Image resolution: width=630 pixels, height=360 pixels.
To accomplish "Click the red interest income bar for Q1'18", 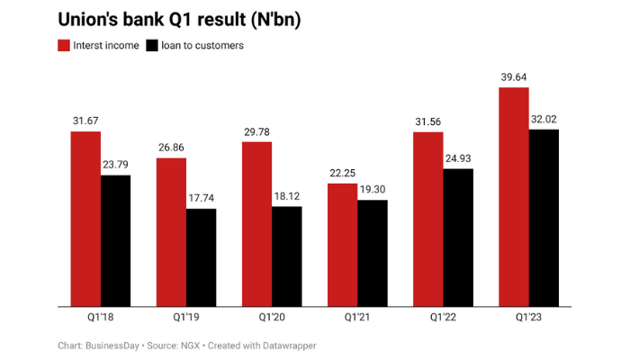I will [x=85, y=219].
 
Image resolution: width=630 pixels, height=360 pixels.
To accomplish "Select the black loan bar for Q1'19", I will [x=201, y=257].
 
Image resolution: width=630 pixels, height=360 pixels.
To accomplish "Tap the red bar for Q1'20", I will [x=256, y=224].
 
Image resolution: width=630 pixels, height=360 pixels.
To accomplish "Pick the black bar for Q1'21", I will [x=372, y=253].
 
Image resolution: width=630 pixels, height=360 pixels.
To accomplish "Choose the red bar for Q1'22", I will [x=427, y=219].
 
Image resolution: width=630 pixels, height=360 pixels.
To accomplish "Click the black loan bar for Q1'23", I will [x=543, y=218].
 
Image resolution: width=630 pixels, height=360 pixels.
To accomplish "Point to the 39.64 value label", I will [x=514, y=77].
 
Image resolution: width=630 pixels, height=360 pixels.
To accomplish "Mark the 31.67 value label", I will [x=85, y=121].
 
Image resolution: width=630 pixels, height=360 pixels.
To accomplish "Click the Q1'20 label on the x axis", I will [x=271, y=318].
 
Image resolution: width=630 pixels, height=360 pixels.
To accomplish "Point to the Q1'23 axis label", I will [x=528, y=318].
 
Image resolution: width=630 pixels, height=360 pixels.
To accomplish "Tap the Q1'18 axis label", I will [x=100, y=318].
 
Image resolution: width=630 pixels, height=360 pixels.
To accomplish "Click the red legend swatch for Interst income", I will [x=64, y=45].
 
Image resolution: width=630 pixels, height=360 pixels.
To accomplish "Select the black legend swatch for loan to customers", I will [x=152, y=45].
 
